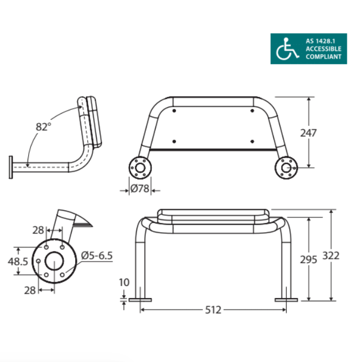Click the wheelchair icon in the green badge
(285, 49)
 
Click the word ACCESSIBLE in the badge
(324, 49)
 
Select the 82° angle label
(43, 126)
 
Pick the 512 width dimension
(213, 310)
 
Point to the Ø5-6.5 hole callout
(97, 255)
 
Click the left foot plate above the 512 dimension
(140, 300)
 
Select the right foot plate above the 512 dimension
(286, 300)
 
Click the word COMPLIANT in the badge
(324, 56)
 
